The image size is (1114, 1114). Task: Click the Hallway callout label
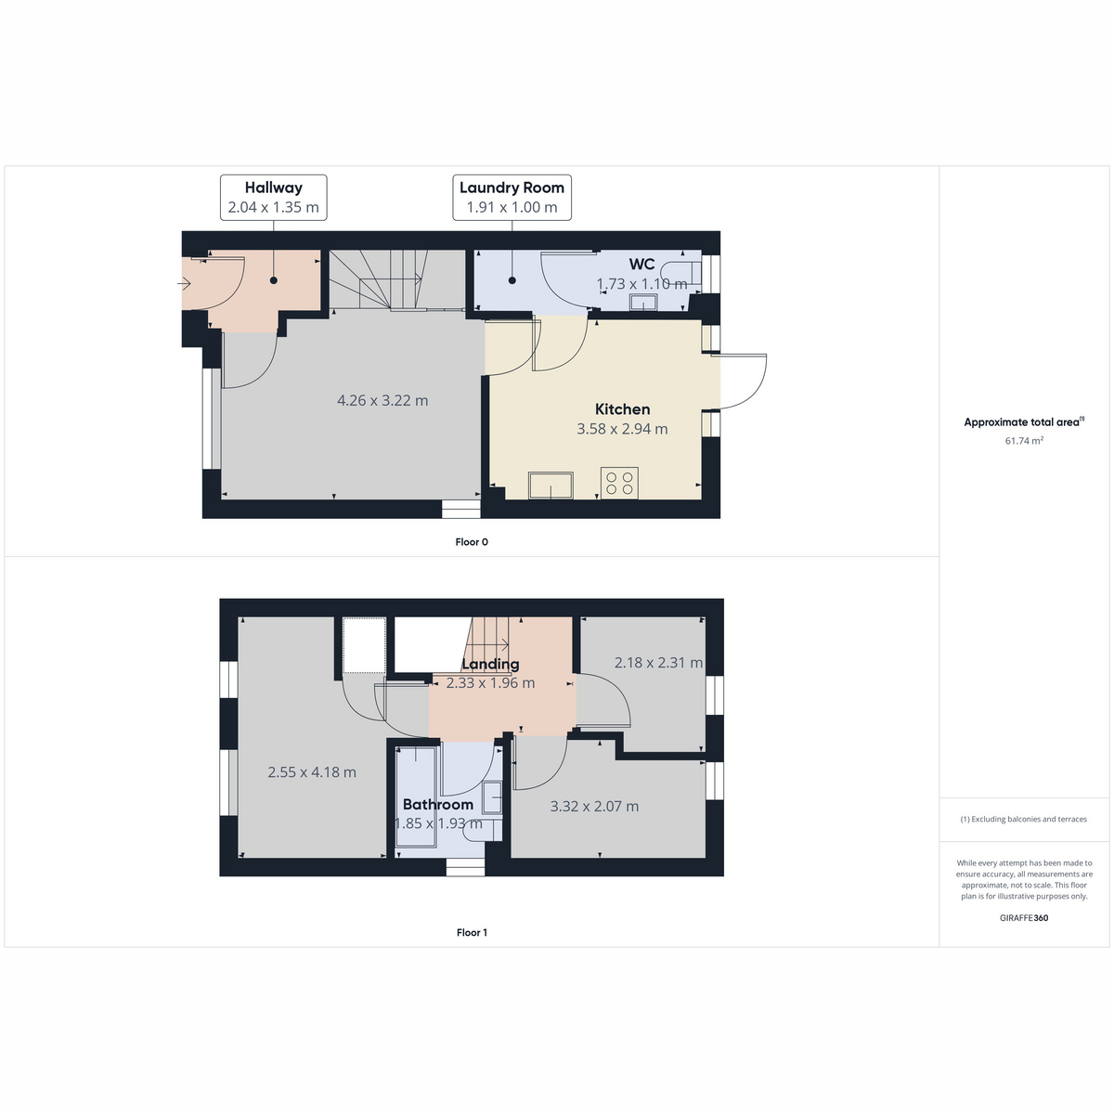274,197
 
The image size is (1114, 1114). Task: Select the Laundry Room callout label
512,197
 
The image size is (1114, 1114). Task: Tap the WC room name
641,265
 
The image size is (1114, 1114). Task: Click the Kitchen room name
623,409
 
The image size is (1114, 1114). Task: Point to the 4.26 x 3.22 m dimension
382,400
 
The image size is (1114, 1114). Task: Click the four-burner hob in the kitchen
620,483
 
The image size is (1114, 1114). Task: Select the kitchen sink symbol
551,485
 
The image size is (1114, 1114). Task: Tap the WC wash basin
643,302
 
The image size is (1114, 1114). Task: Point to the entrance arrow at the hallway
184,283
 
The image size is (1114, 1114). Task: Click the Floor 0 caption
472,541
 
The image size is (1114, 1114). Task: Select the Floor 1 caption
472,932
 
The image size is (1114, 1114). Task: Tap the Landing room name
490,664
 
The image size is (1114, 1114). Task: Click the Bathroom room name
438,804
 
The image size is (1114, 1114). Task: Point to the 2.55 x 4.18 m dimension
312,771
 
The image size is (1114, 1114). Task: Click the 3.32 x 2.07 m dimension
594,806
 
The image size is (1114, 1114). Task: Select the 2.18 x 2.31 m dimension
658,662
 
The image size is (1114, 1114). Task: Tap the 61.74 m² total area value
1024,441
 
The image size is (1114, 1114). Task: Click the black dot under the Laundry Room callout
512,280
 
